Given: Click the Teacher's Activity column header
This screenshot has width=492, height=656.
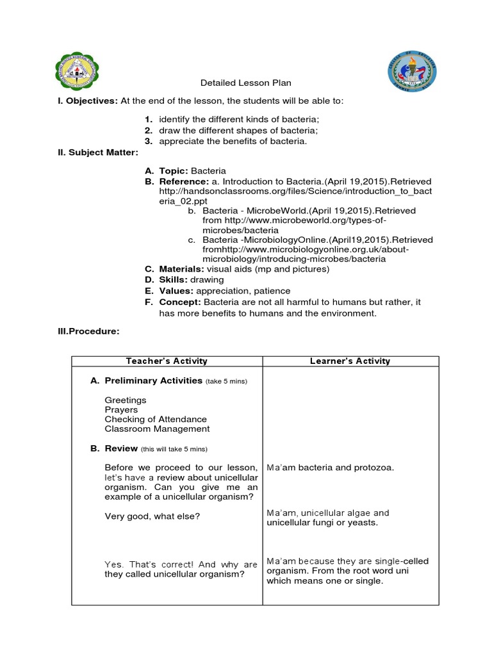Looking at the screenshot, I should tap(167, 361).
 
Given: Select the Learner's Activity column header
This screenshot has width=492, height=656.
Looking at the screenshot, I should tap(350, 361).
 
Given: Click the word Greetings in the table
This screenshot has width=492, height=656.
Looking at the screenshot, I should tap(126, 400).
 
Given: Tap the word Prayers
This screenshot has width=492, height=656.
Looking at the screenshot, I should tap(121, 409).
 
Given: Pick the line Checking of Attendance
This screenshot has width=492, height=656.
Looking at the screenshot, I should tap(156, 419).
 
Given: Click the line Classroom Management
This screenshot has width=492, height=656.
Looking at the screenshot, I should tap(157, 429).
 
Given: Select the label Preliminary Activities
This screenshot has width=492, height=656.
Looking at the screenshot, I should tap(153, 381).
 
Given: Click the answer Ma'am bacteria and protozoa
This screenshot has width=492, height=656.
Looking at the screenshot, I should tap(330, 467).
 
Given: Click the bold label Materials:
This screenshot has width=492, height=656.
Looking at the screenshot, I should tap(181, 269).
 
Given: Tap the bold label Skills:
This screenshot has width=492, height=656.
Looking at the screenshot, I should tap(174, 280).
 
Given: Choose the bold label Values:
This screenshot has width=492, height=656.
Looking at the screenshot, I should tap(176, 291).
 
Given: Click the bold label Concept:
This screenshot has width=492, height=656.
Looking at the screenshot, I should tap(180, 302).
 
